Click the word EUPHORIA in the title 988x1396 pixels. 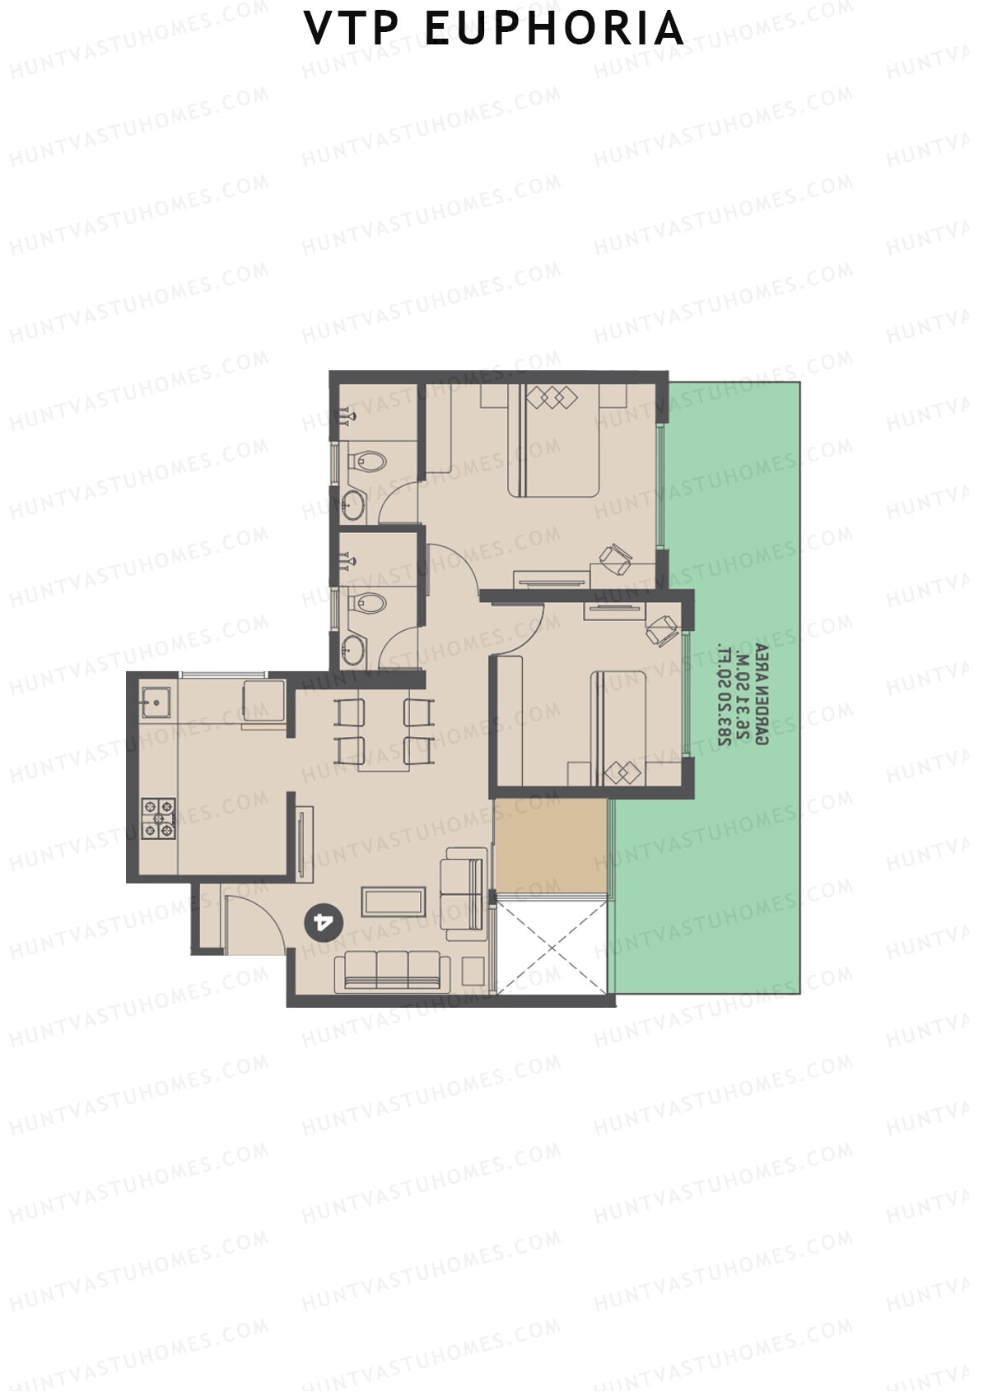click(x=554, y=29)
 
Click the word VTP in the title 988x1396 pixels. click(x=352, y=29)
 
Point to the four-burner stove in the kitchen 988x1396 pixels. click(x=158, y=819)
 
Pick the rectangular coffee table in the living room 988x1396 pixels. click(x=394, y=902)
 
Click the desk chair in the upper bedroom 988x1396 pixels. click(x=615, y=559)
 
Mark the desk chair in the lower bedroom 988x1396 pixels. click(x=661, y=631)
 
